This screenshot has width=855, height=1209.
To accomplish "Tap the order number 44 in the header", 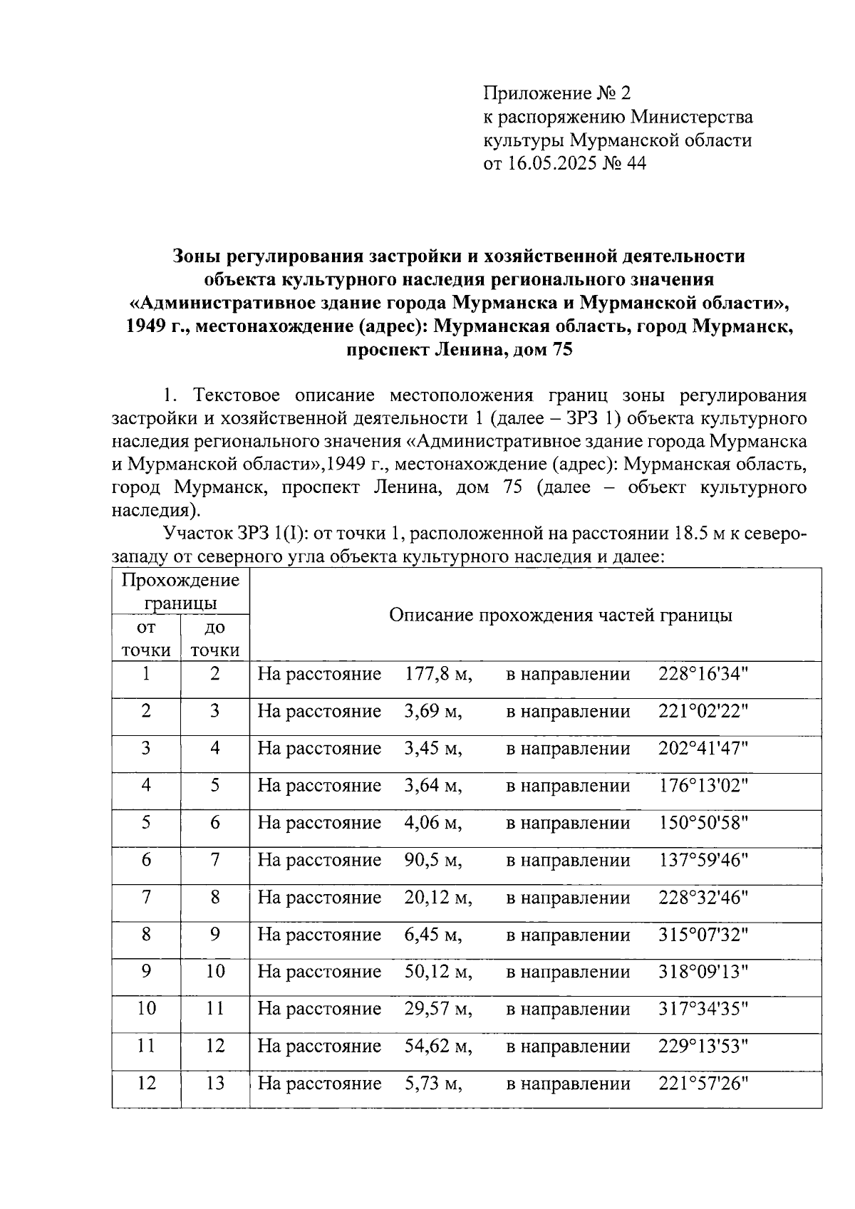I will pos(636,164).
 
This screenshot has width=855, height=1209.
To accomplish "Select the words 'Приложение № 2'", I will pos(557,93).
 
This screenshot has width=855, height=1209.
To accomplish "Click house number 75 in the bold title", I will pos(561,350).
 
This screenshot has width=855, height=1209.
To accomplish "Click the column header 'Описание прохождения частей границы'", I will pos(560,616).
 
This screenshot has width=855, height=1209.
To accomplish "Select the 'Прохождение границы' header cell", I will pos(181,591).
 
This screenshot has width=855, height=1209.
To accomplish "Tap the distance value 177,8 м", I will pos(438,674).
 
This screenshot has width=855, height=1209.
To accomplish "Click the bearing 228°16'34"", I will pos(703,674).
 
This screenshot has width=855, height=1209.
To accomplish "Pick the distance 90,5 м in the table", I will pos(433,861).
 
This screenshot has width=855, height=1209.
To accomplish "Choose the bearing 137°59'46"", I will pos(703,861).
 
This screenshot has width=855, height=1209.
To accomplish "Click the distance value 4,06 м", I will pos(433,824).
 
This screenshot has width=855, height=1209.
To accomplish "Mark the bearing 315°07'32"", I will pos(703,935).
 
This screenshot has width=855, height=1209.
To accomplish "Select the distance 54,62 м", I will pos(438,1047).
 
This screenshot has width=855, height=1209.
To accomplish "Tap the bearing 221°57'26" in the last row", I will pos(703,1084).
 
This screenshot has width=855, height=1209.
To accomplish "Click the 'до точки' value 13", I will pos(215,1084).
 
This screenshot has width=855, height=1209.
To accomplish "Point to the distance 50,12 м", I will pos(438,972).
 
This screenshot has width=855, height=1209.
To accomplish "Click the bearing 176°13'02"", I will pos(703,786).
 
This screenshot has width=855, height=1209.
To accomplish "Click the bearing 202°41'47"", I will pos(703,749).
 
